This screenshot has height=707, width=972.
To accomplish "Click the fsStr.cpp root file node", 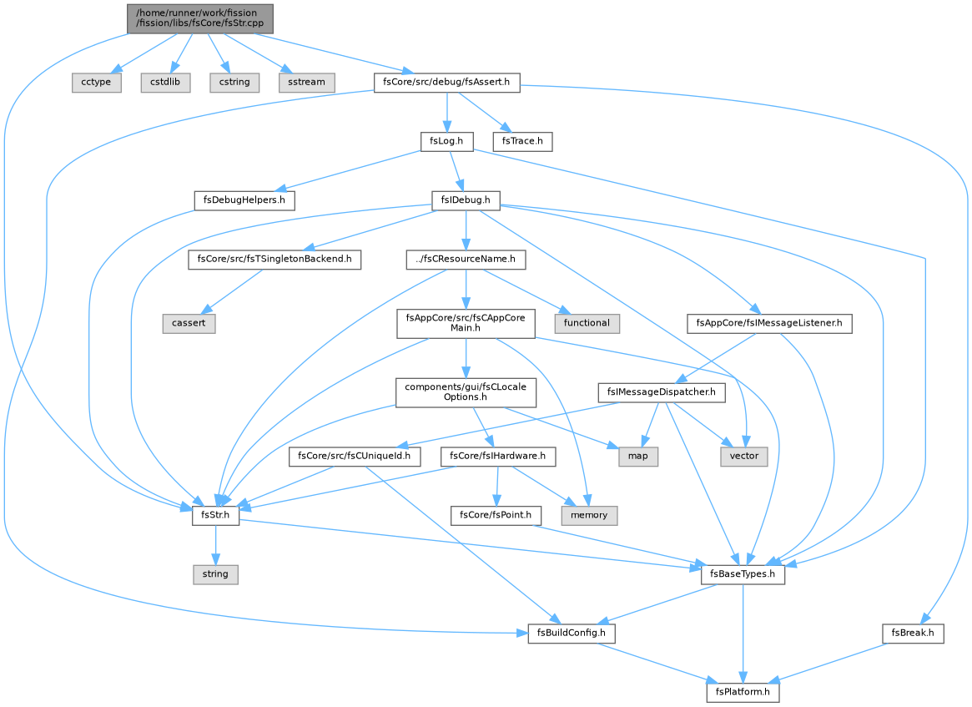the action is [x=200, y=18].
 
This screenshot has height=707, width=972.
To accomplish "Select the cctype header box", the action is [x=96, y=82].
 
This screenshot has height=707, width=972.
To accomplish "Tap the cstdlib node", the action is [x=165, y=82].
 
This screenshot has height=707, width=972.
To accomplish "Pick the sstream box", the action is [x=306, y=82].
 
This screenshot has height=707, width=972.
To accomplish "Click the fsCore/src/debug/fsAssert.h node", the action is [x=446, y=82].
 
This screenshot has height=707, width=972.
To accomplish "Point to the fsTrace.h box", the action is [x=522, y=141].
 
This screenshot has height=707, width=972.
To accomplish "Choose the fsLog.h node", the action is [x=446, y=141].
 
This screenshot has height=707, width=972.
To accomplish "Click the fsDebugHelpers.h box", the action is [x=244, y=199].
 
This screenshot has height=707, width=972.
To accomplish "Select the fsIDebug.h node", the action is [x=466, y=199].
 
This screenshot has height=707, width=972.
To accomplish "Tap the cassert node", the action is [x=189, y=323].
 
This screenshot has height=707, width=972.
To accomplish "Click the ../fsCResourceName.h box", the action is [x=466, y=259].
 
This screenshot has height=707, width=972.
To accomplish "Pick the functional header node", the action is [x=587, y=323].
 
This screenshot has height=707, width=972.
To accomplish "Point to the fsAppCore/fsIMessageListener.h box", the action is [x=769, y=323].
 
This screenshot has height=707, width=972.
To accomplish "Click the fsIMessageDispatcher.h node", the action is [x=662, y=392].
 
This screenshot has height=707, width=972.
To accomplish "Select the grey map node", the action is [x=638, y=457].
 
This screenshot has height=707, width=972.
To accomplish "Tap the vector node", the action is [x=744, y=457].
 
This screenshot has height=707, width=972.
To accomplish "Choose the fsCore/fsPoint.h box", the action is [x=496, y=515].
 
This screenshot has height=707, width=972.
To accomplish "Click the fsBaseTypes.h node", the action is [x=743, y=574].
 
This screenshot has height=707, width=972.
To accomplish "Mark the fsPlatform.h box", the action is [x=743, y=692].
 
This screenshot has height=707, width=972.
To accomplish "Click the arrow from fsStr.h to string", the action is [x=216, y=545].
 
